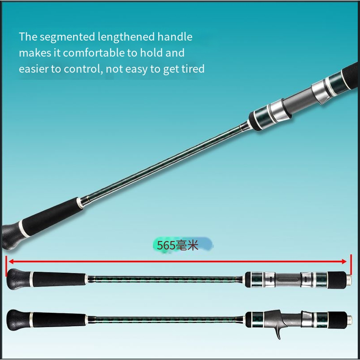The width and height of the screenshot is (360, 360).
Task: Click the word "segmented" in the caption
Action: click(67, 37)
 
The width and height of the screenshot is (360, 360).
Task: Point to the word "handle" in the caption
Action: click(175, 37)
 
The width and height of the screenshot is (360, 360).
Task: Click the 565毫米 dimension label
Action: click(177, 245)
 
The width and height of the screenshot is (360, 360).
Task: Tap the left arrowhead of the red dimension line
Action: click(11, 262)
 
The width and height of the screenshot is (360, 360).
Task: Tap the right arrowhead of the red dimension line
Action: click(344, 262)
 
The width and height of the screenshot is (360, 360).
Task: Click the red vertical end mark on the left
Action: click(6, 266)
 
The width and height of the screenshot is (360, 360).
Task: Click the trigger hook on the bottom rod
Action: click(278, 332)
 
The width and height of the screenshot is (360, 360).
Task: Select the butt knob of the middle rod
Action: click(18, 279)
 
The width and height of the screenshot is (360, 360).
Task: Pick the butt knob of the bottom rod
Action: click(18, 320)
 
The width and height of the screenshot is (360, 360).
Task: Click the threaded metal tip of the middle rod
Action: click(349, 279)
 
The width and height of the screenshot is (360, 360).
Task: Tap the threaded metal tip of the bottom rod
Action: click(349, 319)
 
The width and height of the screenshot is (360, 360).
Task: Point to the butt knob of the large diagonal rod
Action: click(10, 237)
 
